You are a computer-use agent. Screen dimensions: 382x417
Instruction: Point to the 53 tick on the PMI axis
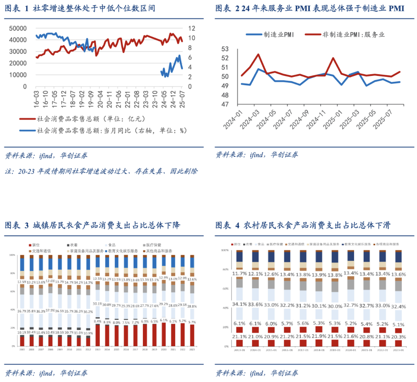(224, 49)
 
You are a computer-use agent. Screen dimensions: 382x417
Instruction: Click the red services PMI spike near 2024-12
(333, 58)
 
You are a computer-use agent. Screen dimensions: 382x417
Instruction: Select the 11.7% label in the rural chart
(240, 274)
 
